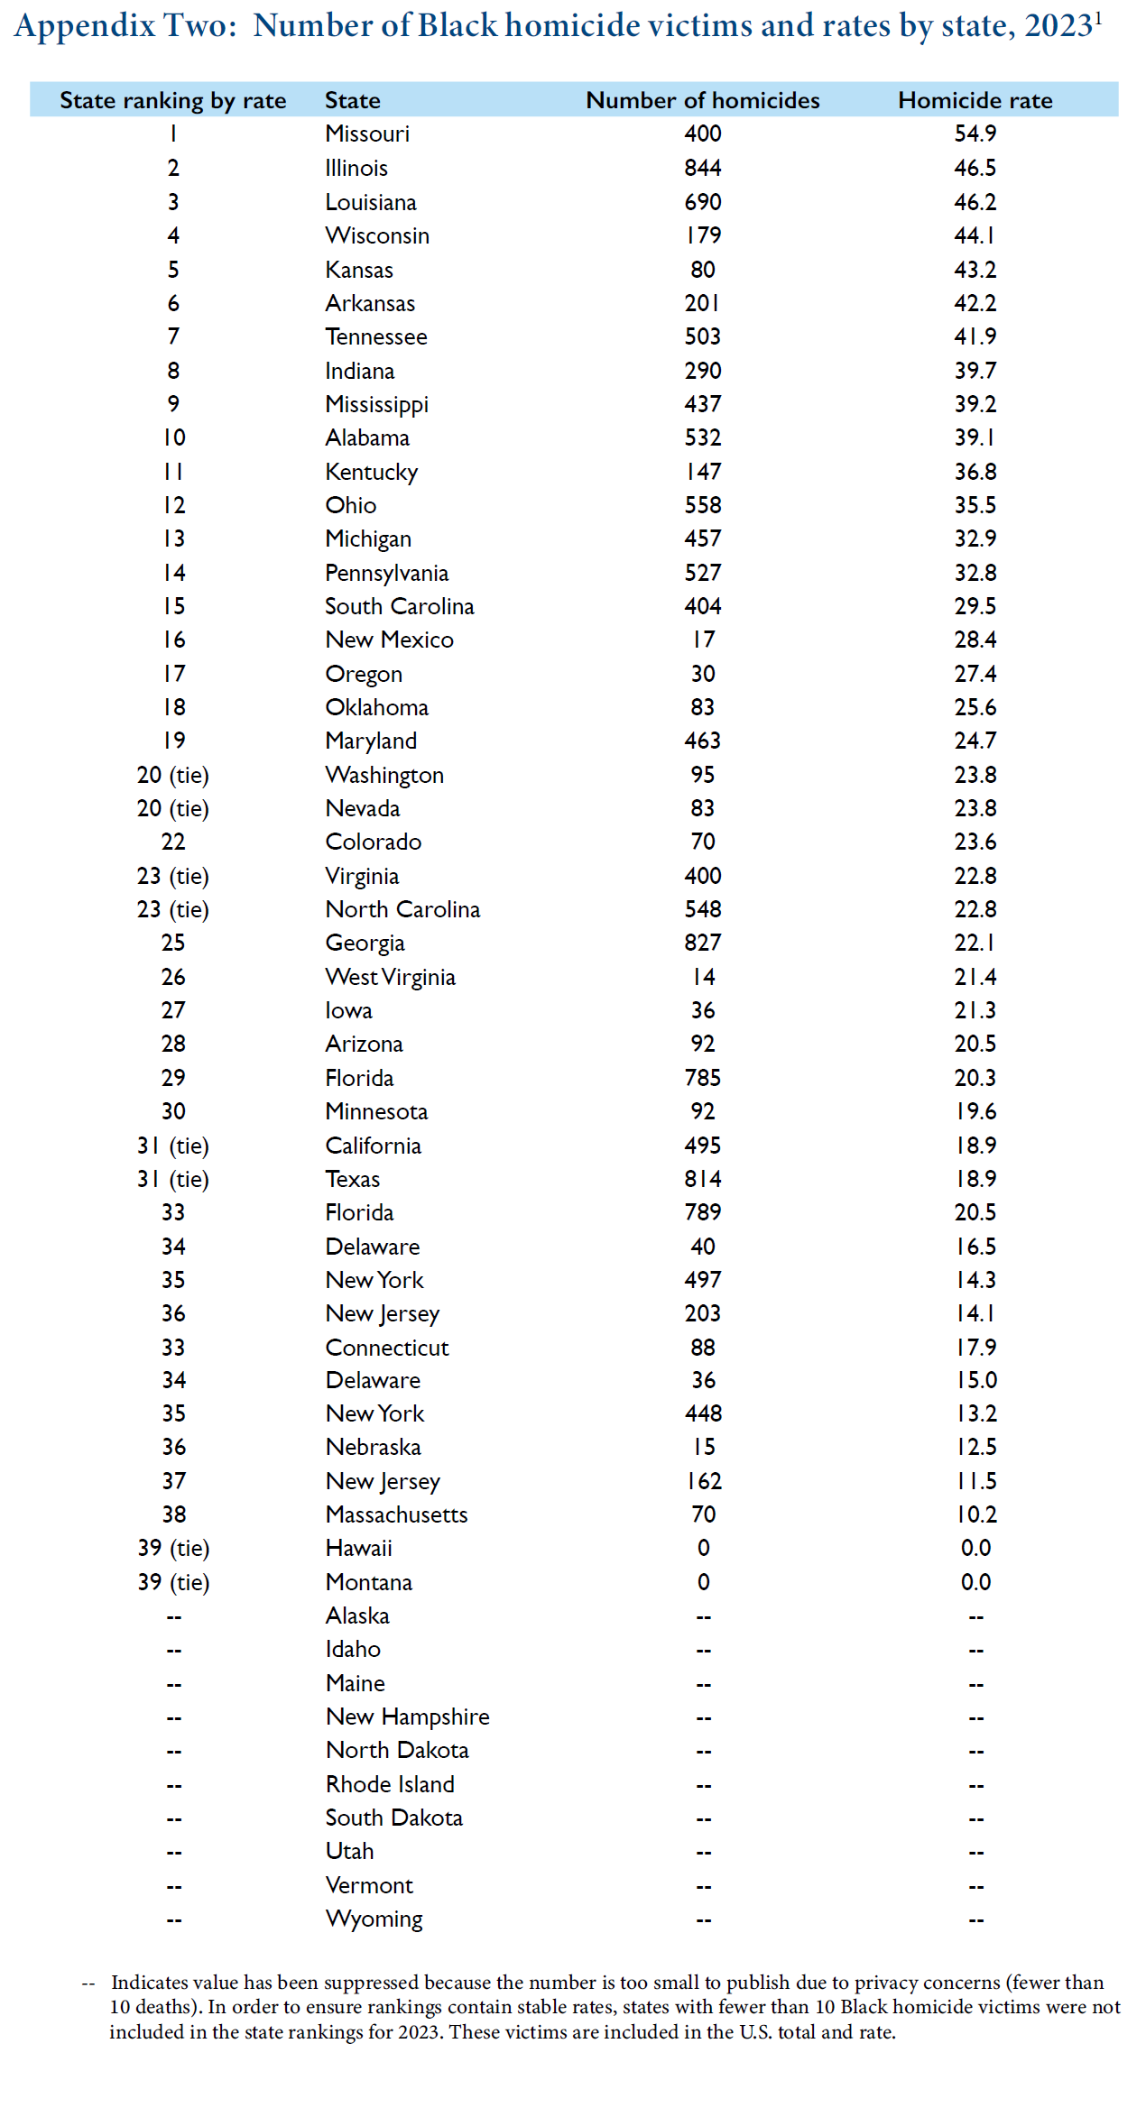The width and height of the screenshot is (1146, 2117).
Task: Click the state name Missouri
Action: coord(367,133)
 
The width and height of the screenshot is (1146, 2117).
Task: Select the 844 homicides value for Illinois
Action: coord(702,168)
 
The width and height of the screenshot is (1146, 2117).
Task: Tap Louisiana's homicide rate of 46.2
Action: coord(975,202)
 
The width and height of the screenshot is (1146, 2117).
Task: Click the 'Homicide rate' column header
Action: coord(975,100)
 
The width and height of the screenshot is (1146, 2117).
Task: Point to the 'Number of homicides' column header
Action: coord(702,100)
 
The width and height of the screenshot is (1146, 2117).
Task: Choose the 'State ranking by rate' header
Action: coord(172,100)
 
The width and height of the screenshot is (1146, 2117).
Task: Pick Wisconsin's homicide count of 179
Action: coord(702,235)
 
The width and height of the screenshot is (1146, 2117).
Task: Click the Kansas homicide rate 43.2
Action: coord(975,270)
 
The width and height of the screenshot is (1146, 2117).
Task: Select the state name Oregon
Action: coord(364,674)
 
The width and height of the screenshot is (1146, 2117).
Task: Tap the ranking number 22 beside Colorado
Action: coord(173,842)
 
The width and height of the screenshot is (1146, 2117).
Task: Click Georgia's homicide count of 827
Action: coord(702,943)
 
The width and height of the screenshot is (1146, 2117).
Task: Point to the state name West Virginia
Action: coord(390,977)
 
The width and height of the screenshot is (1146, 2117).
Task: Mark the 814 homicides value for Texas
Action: coord(702,1179)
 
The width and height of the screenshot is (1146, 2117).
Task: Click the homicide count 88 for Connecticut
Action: coord(702,1347)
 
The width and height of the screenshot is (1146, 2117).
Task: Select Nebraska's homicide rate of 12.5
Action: coord(975,1447)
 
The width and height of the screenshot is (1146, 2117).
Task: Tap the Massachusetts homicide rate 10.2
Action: coord(975,1514)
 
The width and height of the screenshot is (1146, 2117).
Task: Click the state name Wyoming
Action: coord(374,1919)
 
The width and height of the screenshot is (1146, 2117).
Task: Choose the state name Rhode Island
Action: coord(390,1784)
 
